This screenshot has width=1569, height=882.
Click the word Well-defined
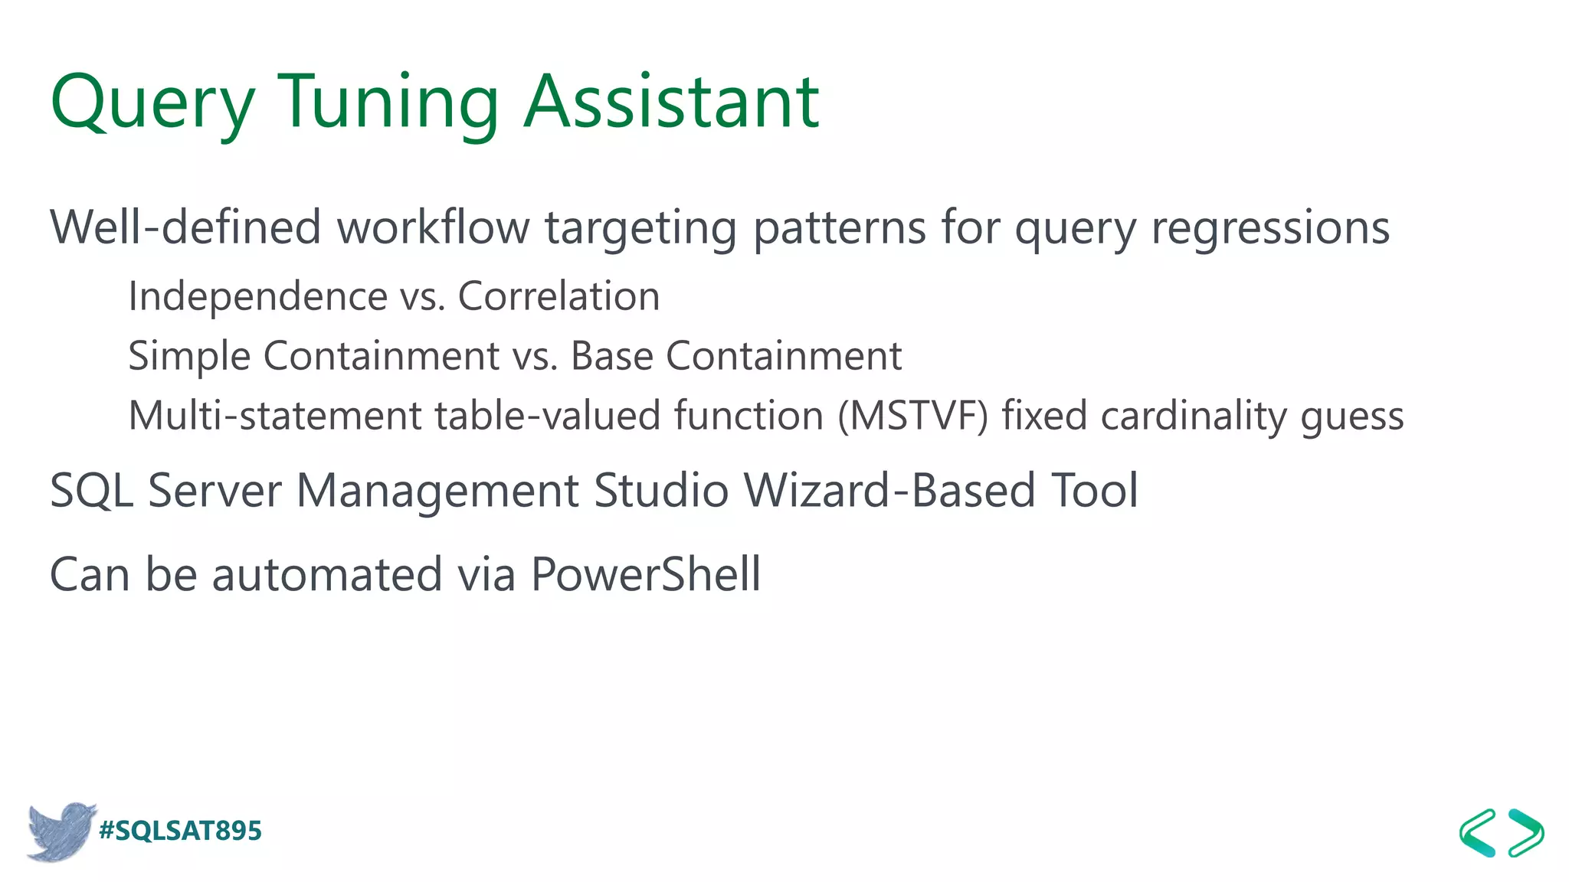pos(185,227)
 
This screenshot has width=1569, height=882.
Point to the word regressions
pos(1270,229)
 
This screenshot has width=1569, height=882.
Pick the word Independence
pos(257,297)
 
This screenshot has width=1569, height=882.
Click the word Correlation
pos(558,296)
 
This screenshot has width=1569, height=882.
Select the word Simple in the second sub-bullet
pos(189,357)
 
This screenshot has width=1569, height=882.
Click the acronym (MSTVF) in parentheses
pos(912,416)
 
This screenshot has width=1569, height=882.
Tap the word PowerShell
pos(645,574)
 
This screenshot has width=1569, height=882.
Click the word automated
pos(327,574)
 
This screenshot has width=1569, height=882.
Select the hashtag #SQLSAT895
pos(181,831)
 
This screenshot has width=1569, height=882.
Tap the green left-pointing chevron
pos(1477,832)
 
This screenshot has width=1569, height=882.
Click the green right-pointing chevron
pos(1526,832)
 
